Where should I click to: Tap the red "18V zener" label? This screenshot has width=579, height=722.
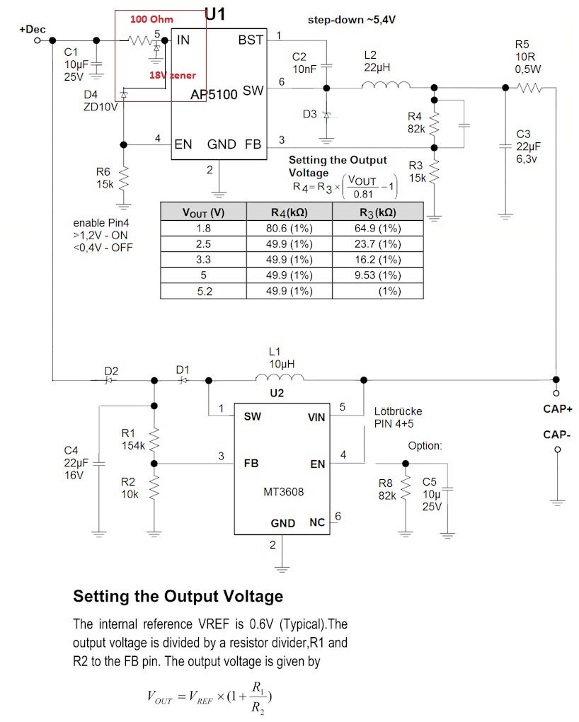click(x=172, y=74)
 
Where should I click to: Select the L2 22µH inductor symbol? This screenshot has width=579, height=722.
click(x=386, y=87)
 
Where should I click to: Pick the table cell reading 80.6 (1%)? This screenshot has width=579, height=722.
click(x=289, y=229)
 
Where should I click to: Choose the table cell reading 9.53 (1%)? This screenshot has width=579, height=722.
click(x=377, y=275)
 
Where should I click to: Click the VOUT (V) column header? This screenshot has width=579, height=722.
click(x=203, y=212)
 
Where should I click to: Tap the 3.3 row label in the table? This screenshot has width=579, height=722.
click(x=203, y=260)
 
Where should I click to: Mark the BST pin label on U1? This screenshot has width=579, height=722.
click(x=251, y=40)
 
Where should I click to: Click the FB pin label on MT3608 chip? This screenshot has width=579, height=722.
click(x=251, y=464)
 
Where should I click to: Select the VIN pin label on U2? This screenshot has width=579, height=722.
click(x=316, y=418)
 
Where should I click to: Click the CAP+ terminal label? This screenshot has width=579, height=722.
click(x=557, y=408)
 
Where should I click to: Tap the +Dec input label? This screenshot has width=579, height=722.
click(x=33, y=30)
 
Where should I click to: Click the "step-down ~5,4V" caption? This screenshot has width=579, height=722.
click(x=351, y=20)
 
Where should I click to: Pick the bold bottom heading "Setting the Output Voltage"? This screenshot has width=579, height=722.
click(x=178, y=597)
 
